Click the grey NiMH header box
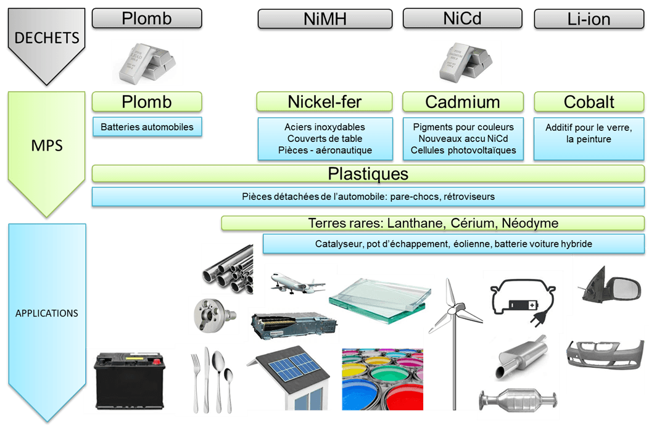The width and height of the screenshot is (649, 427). (325, 19)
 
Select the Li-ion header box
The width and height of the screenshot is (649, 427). (589, 19)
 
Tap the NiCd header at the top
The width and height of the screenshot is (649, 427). (462, 19)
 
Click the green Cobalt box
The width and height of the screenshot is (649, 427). (589, 102)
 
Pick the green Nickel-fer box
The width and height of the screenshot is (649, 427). (324, 102)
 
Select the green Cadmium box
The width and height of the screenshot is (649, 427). (462, 102)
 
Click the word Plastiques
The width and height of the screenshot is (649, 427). (368, 173)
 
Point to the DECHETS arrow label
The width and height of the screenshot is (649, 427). (47, 38)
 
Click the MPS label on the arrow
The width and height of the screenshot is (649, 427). (47, 147)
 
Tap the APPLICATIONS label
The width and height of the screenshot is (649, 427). (47, 313)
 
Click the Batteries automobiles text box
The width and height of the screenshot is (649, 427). (147, 128)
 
